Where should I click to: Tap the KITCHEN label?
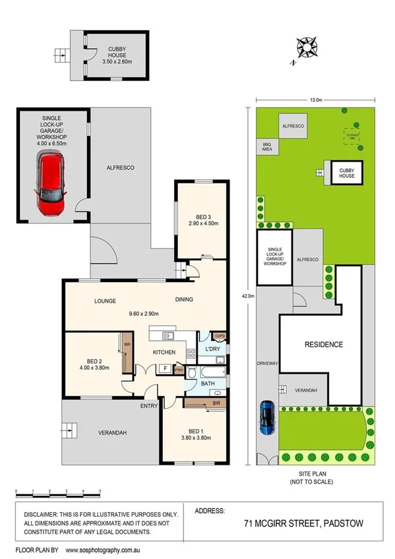coord(164,353)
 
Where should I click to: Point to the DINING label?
coord(184,300)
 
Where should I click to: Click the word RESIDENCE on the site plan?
coord(323,345)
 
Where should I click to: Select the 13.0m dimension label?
coord(316,100)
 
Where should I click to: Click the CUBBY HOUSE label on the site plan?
coord(346,173)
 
